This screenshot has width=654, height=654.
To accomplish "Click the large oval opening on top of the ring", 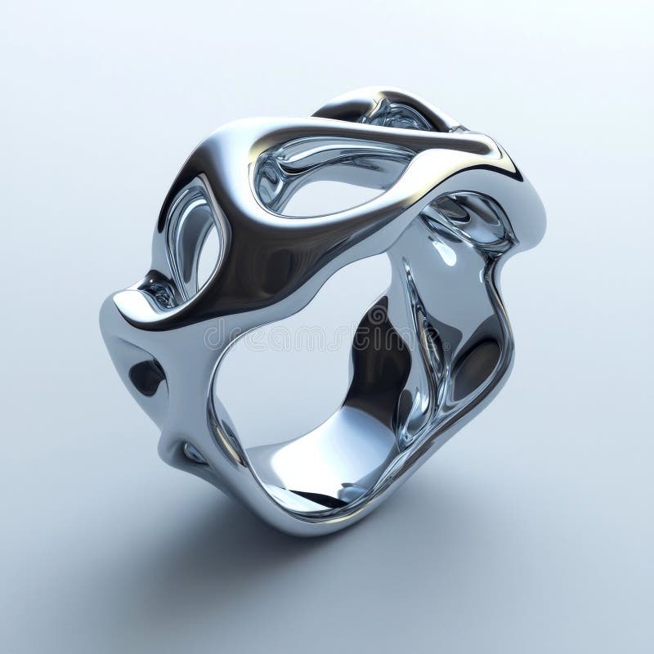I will tap(327, 176).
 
